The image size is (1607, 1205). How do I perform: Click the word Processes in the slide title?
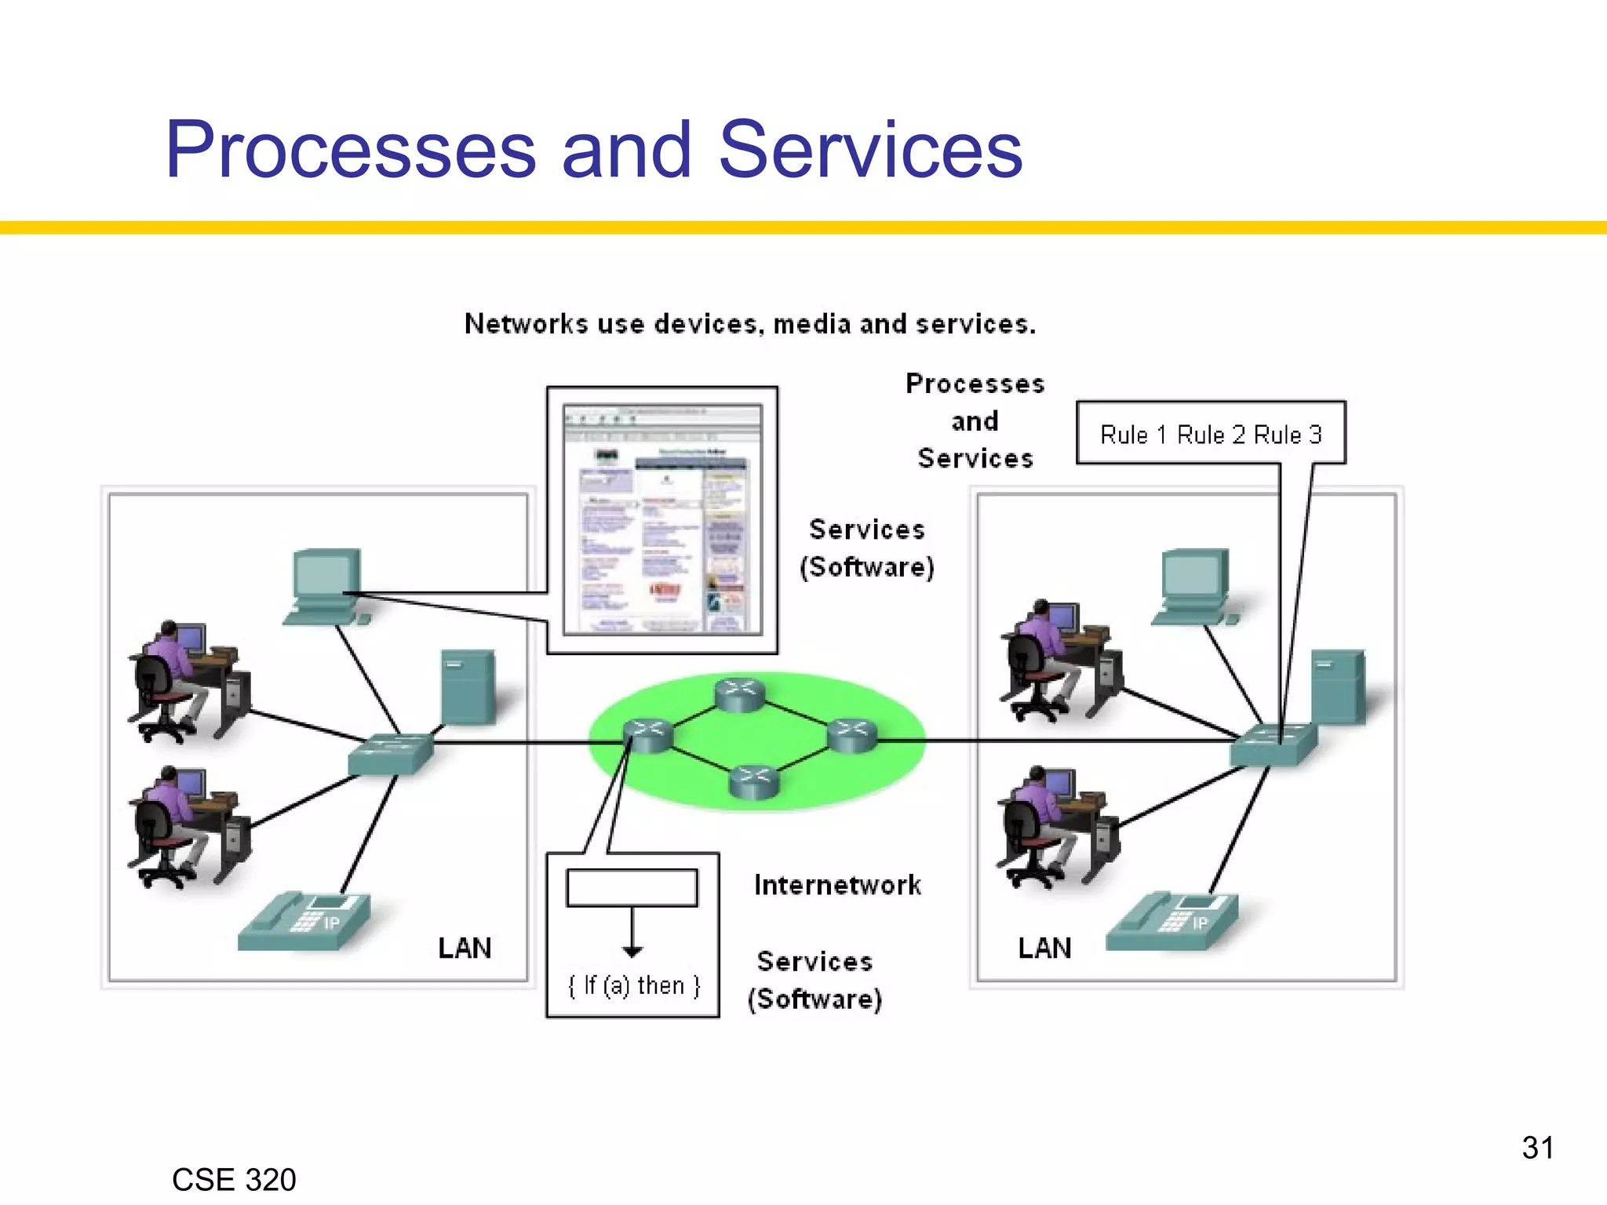(x=351, y=149)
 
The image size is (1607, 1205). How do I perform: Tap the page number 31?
(x=1537, y=1148)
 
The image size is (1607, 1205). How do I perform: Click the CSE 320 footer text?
(x=234, y=1179)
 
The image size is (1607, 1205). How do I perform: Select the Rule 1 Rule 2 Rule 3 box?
(x=1210, y=434)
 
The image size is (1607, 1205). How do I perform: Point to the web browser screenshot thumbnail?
(x=662, y=519)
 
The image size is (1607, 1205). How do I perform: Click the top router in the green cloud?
(x=739, y=695)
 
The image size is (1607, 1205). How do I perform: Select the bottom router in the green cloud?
(x=753, y=781)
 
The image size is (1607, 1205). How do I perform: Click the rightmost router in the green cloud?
(x=851, y=736)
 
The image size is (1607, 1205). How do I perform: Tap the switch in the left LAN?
(x=390, y=754)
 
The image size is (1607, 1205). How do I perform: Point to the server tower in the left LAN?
(x=468, y=687)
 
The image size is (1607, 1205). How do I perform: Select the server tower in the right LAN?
(x=1338, y=687)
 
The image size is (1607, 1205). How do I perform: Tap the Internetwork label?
(x=837, y=885)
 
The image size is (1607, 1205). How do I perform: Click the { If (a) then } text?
(x=633, y=985)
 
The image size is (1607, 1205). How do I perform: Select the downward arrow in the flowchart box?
(x=632, y=934)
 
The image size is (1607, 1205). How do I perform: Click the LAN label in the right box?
(x=1044, y=948)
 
